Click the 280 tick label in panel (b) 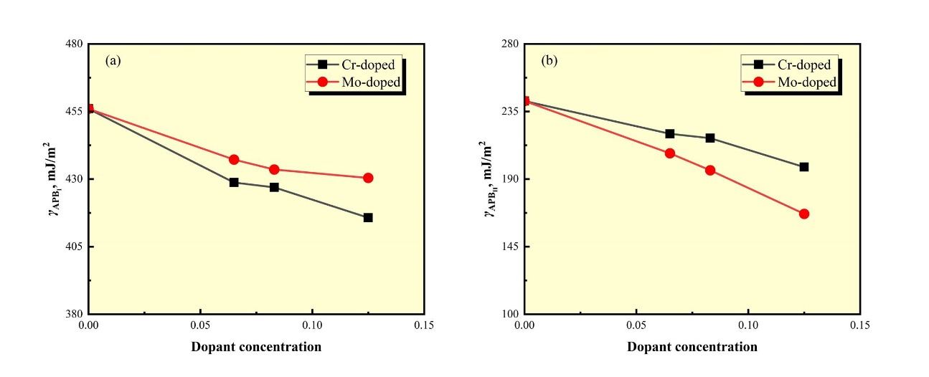tap(509, 44)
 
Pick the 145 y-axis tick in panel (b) tap(509, 247)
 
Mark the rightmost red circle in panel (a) tap(368, 178)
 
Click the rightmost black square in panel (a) tap(368, 217)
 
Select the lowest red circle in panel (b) tap(804, 214)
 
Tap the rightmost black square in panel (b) tap(804, 167)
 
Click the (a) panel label tap(113, 61)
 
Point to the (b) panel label tap(549, 61)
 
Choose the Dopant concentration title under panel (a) tap(256, 347)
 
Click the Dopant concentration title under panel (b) tap(692, 347)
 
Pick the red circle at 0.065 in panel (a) tap(234, 160)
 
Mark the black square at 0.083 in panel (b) tap(710, 138)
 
